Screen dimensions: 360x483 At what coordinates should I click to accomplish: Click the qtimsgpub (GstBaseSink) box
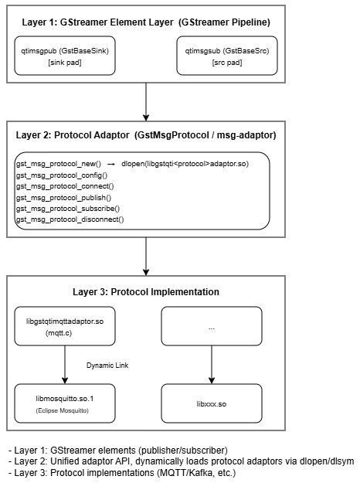(65, 56)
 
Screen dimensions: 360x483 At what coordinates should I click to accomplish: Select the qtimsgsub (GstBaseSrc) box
(227, 56)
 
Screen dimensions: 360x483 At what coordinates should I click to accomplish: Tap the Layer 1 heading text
(146, 22)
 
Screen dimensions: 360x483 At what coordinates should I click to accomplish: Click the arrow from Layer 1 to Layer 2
(146, 102)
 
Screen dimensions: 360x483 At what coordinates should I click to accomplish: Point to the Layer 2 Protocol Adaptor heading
(146, 135)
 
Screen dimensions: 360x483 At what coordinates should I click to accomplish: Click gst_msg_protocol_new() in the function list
(59, 164)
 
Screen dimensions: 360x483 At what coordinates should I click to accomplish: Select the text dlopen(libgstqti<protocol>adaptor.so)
(185, 164)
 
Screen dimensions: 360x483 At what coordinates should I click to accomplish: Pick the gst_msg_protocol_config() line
(62, 175)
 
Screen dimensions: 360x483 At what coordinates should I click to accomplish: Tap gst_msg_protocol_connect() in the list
(65, 186)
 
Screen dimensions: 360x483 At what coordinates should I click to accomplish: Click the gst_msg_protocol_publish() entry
(64, 198)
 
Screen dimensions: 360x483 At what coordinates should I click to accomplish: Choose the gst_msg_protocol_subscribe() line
(68, 209)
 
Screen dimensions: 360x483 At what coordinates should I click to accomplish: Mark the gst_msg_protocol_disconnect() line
(70, 219)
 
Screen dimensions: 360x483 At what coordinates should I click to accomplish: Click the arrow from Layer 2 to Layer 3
(146, 257)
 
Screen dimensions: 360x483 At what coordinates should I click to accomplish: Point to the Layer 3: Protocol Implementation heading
(146, 291)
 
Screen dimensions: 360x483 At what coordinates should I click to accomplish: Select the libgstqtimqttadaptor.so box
(65, 326)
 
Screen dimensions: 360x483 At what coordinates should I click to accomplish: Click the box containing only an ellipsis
(212, 326)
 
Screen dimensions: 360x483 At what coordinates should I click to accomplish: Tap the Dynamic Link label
(107, 366)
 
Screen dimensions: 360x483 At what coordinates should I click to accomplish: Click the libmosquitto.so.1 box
(65, 403)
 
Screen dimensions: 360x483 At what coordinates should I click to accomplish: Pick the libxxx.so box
(212, 403)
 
